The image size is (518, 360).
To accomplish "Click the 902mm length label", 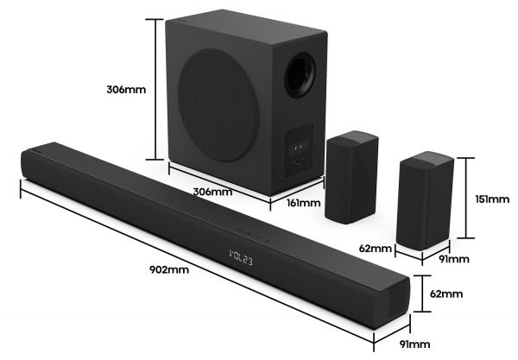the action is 169,270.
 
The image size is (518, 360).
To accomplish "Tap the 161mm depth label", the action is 303,203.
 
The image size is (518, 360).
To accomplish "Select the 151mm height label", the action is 492,199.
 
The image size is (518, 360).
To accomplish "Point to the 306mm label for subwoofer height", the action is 126,90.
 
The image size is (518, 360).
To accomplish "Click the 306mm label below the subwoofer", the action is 212,192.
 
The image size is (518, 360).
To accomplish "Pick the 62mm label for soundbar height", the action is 446,294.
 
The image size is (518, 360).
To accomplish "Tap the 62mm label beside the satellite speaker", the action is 376,248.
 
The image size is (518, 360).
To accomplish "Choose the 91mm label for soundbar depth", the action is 415,344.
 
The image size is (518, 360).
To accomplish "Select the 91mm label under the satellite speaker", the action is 454,259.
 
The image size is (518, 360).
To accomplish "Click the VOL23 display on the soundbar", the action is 241,258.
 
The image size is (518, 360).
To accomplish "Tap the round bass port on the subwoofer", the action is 300,75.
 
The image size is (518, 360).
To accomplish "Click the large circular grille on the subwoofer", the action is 218,105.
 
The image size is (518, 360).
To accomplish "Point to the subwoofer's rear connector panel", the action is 299,150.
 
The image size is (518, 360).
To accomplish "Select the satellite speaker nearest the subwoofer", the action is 351,177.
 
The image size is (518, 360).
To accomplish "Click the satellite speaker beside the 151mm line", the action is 425,200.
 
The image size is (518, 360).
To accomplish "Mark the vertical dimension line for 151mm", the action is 466,198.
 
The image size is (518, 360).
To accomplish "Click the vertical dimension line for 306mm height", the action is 155,90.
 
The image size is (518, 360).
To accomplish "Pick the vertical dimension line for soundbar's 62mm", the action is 422,294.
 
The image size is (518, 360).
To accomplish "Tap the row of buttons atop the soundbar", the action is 253,235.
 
